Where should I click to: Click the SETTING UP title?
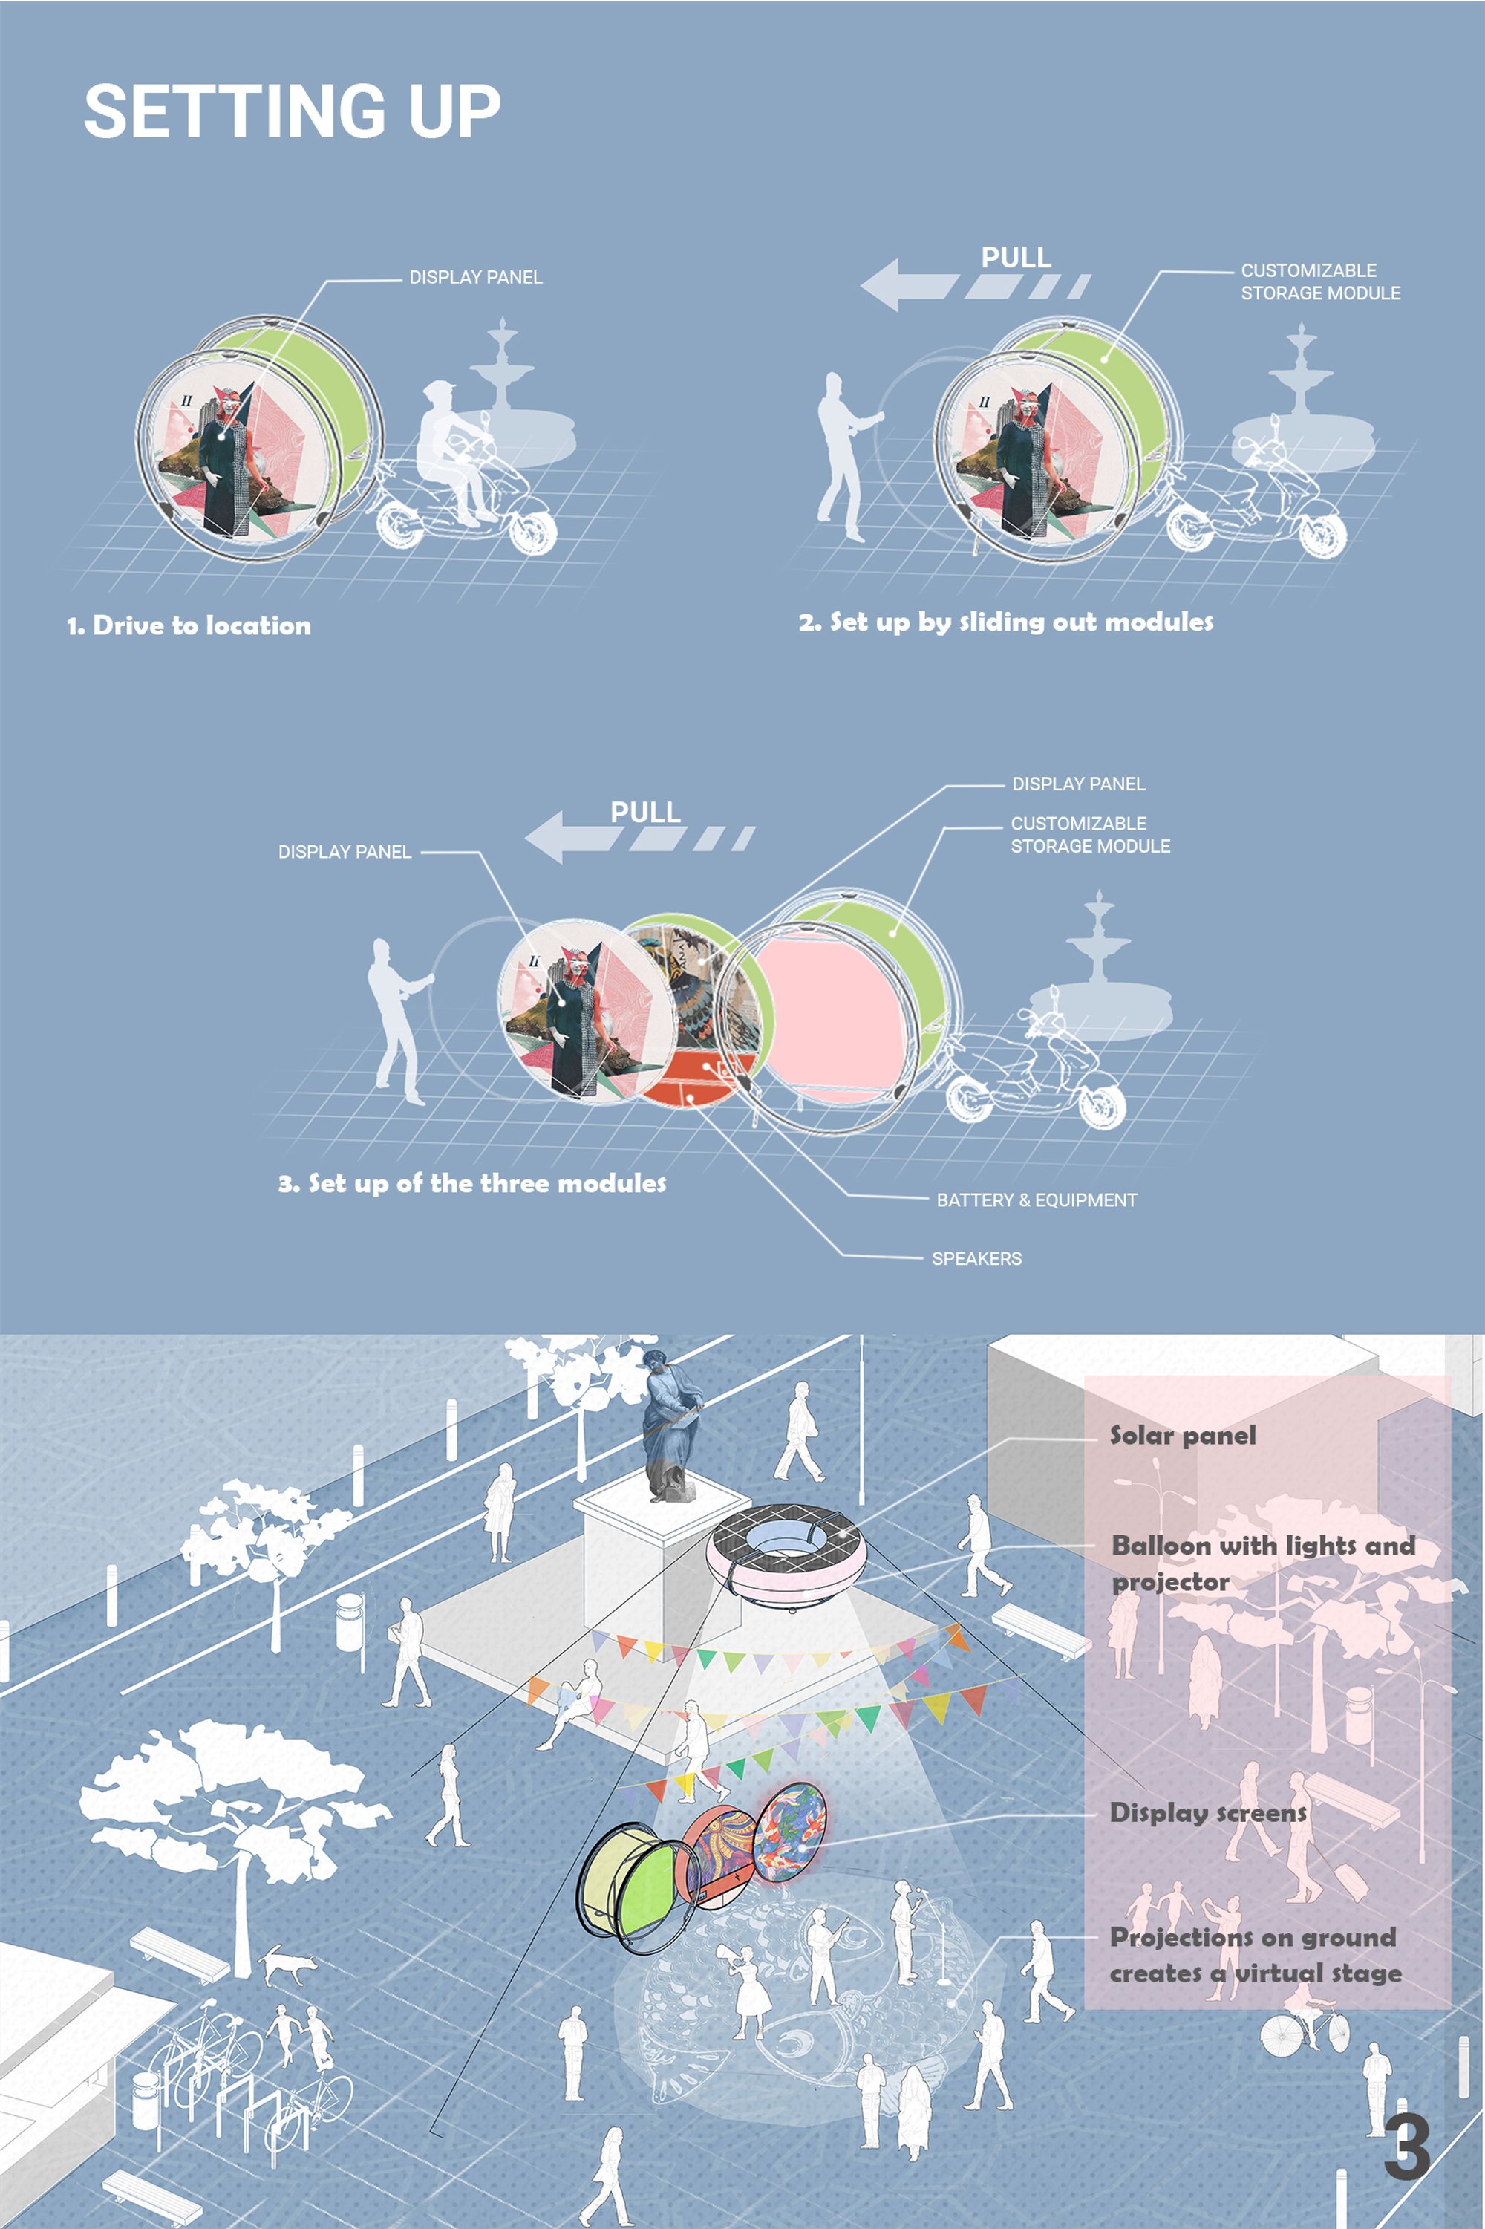point(292,111)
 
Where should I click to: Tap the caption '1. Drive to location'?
point(189,625)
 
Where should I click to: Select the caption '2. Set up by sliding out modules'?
point(1006,622)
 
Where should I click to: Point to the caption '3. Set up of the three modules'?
point(471,1183)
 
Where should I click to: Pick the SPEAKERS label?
point(976,1259)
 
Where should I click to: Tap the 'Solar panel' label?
point(1183,1435)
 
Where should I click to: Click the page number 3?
point(1407,2147)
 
